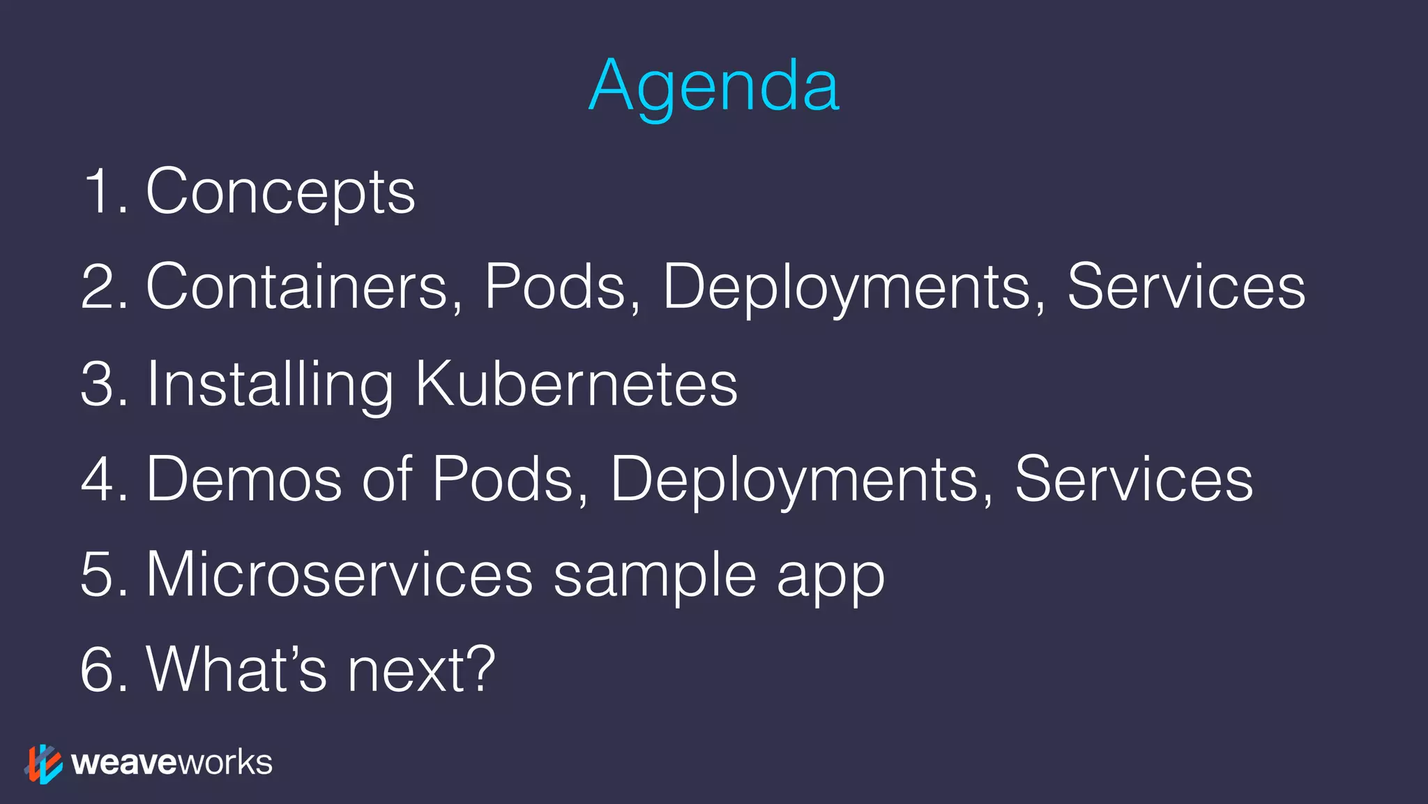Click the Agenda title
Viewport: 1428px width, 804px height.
coord(714,87)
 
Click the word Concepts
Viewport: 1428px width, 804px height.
coord(280,192)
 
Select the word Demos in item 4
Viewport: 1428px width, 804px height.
coord(244,479)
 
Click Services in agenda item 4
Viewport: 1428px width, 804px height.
coord(1134,479)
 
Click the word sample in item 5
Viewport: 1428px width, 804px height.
coord(655,576)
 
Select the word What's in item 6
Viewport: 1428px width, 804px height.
coord(236,669)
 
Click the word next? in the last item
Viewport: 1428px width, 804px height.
coord(421,669)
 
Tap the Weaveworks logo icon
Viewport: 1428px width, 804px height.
coord(43,764)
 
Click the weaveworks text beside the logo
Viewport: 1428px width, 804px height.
coord(172,763)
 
